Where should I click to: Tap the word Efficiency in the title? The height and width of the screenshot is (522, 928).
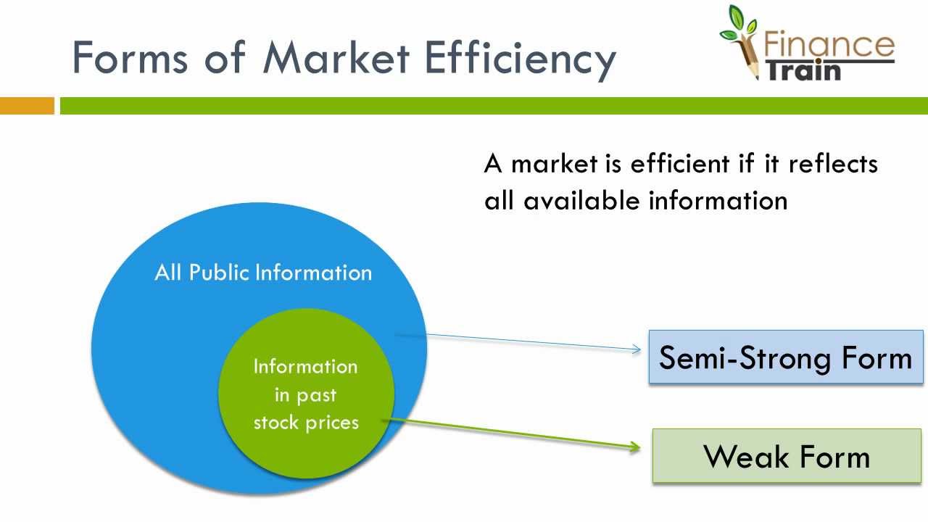(519, 58)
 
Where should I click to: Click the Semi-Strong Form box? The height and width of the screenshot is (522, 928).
(786, 357)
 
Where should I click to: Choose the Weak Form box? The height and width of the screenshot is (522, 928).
(787, 456)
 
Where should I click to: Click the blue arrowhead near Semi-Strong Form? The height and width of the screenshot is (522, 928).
(637, 350)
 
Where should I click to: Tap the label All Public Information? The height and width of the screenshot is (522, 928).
(263, 273)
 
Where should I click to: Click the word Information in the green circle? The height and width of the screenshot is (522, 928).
(305, 366)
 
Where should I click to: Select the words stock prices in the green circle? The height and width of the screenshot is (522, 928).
(305, 422)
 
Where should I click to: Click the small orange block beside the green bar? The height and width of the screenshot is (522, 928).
(27, 106)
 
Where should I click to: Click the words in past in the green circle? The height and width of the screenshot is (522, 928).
(305, 395)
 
